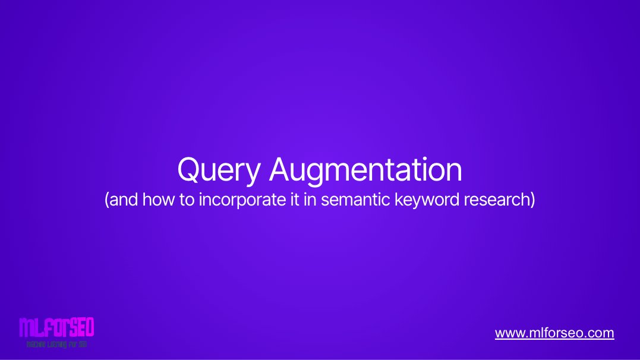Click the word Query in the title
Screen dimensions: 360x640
tap(218, 170)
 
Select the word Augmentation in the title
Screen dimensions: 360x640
tap(365, 170)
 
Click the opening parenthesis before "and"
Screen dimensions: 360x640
tap(107, 200)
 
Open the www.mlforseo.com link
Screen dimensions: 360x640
tap(554, 333)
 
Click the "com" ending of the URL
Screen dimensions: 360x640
tap(601, 333)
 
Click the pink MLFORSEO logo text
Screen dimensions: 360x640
tap(56, 328)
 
